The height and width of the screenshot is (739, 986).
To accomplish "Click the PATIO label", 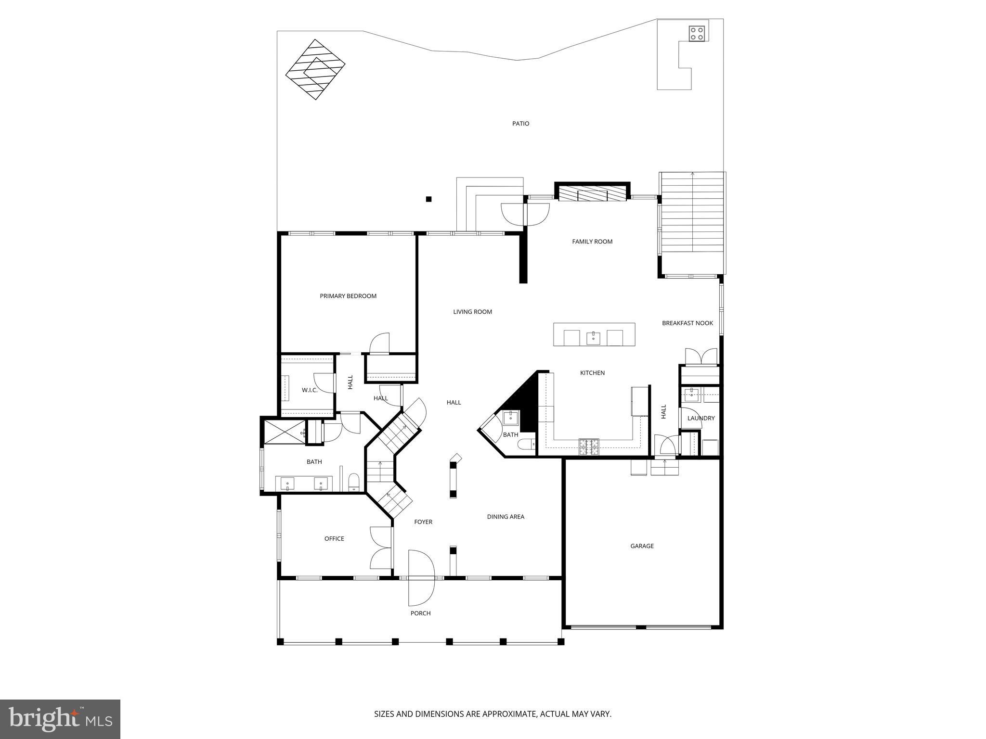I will (520, 124).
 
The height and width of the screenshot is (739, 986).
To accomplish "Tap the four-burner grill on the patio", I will (697, 33).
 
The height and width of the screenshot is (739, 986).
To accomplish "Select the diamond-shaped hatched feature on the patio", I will (315, 69).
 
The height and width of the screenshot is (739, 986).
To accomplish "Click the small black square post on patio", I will (428, 199).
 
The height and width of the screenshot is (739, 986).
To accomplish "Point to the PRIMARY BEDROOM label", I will (348, 296).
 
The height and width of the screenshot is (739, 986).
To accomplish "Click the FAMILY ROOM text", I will (592, 242).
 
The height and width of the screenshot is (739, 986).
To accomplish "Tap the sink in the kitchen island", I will (594, 338).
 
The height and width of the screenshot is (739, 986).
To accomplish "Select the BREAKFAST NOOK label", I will (687, 323).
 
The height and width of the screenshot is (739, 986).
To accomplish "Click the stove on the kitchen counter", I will (589, 447).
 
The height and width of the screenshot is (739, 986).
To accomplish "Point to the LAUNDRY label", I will (701, 418).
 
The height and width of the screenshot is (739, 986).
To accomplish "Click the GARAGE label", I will (642, 546).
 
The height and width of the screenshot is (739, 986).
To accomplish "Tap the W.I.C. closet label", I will (310, 390).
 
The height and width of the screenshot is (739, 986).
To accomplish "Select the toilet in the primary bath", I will (354, 481).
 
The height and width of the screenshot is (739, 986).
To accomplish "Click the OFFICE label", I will (334, 538).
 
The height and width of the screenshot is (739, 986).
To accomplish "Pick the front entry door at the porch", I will (421, 577).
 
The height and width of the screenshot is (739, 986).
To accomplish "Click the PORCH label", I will (420, 613).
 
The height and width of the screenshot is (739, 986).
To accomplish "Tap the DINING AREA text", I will (506, 516).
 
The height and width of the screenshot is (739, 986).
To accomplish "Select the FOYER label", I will (423, 522).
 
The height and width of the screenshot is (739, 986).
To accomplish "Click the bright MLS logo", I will (60, 719).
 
